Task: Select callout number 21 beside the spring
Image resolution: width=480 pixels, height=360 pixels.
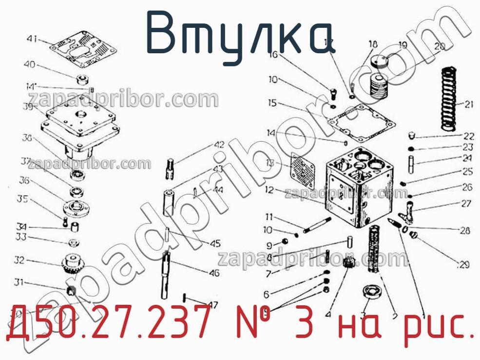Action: (x=468, y=104)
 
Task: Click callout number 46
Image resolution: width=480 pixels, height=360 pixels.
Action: (x=214, y=273)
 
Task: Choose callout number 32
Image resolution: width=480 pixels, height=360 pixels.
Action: (x=19, y=260)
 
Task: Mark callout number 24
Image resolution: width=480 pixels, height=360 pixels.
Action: (x=467, y=158)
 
